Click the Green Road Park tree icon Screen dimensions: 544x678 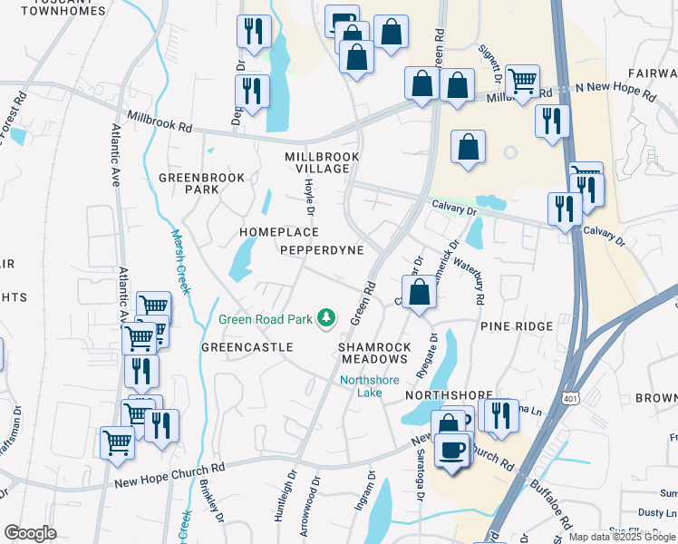(325, 318)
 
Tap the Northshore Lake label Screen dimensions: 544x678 (369, 386)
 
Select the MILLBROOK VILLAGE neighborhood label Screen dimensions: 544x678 (322, 163)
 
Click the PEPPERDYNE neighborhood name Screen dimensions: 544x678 (322, 249)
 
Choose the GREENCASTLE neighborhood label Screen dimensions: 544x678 (247, 347)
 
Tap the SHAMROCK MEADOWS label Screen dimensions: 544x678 (374, 354)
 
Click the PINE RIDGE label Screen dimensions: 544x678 (517, 325)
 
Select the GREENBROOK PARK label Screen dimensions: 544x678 (201, 183)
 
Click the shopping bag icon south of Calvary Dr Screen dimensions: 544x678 (420, 294)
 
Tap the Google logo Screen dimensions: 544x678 (30, 533)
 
